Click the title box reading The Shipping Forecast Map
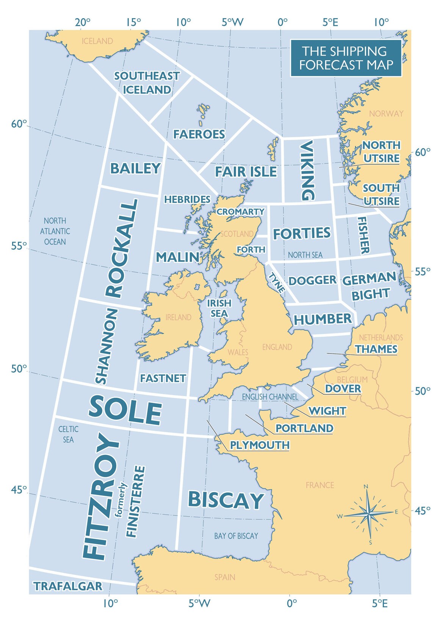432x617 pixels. coord(346,58)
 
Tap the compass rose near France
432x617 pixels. coord(368,514)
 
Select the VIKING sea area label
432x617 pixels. coord(307,170)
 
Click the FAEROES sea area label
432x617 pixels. coord(199,134)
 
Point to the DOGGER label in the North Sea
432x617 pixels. coord(312,281)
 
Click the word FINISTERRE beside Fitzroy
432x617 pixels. coord(136,501)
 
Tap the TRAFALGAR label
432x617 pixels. coord(68,586)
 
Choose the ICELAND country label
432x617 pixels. coord(97,41)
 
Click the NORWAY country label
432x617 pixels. coord(386,114)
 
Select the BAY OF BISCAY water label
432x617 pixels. coord(236,536)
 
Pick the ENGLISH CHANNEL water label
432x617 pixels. coord(270,397)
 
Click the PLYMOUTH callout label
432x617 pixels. coord(260,445)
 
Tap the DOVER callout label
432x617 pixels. coord(343,389)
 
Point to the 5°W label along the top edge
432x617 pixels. coord(232,22)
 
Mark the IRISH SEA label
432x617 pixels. coord(219,308)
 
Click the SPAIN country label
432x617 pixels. coord(225,577)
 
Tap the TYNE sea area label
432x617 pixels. coord(277,283)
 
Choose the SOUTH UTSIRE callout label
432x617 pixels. coord(381,195)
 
